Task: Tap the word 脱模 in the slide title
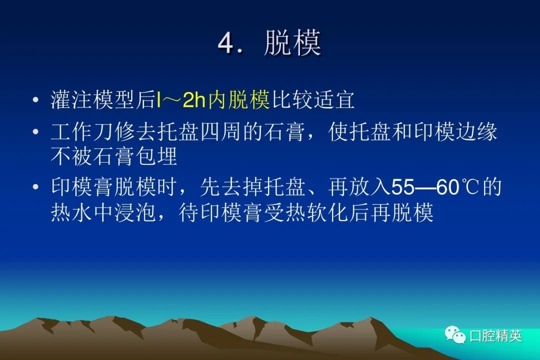pyautogui.click(x=292, y=42)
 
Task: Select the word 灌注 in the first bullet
pyautogui.click(x=71, y=100)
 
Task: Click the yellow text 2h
pyautogui.click(x=194, y=100)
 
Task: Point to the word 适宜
pyautogui.click(x=334, y=100)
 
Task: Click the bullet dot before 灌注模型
pyautogui.click(x=35, y=100)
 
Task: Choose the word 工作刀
pyautogui.click(x=82, y=132)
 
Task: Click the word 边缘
pyautogui.click(x=477, y=132)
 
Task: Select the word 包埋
pyautogui.click(x=156, y=156)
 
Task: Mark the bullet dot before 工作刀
pyautogui.click(x=35, y=132)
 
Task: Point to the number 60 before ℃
pyautogui.click(x=447, y=187)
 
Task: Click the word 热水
pyautogui.click(x=71, y=212)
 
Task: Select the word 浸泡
pyautogui.click(x=135, y=212)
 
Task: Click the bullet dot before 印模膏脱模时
pyautogui.click(x=35, y=187)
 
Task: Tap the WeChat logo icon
pyautogui.click(x=455, y=334)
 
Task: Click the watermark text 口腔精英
pyautogui.click(x=495, y=335)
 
